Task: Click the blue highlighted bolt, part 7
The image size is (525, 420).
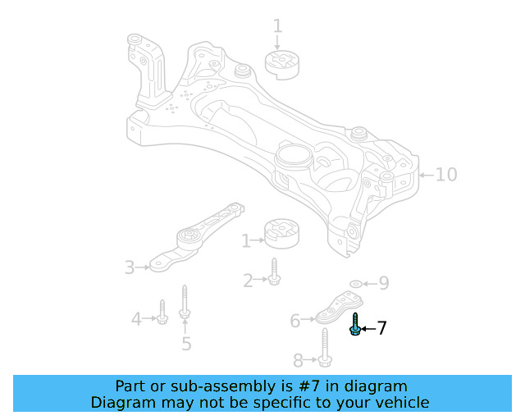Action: pyautogui.click(x=355, y=325)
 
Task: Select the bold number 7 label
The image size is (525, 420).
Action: pyautogui.click(x=381, y=329)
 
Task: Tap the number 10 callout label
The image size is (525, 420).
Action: pyautogui.click(x=445, y=175)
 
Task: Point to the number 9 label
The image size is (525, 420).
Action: pyautogui.click(x=383, y=284)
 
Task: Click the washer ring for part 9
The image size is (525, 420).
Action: pyautogui.click(x=355, y=284)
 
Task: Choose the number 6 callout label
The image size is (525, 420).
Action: pyautogui.click(x=295, y=321)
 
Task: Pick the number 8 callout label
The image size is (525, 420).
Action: pyautogui.click(x=298, y=359)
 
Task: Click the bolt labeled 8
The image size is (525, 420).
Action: pyautogui.click(x=326, y=348)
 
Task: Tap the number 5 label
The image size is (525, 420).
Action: pyautogui.click(x=186, y=344)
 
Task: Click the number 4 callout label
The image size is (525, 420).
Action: pyautogui.click(x=137, y=317)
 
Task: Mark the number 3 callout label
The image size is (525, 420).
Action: pyautogui.click(x=130, y=267)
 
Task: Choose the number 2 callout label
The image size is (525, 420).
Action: pyautogui.click(x=248, y=281)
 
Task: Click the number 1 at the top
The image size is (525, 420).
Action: pyautogui.click(x=277, y=25)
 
